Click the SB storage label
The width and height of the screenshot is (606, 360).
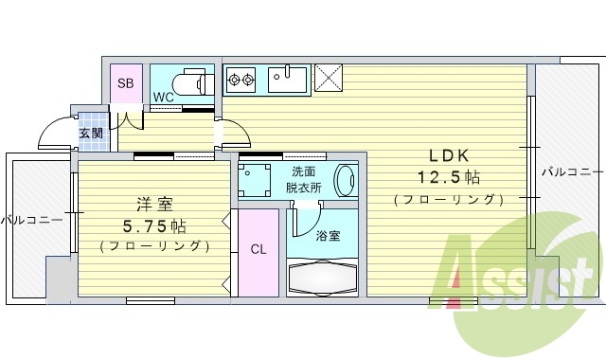tap(126, 83)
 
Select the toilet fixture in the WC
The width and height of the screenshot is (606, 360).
tap(196, 82)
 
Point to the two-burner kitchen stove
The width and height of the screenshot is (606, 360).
tap(241, 79)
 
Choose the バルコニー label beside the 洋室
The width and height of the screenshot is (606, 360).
tap(30, 220)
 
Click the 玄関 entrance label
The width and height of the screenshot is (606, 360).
tap(91, 134)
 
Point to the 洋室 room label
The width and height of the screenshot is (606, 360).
tap(154, 204)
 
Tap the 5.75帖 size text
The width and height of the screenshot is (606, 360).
tap(154, 225)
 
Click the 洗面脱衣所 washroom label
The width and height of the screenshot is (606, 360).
tap(303, 179)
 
